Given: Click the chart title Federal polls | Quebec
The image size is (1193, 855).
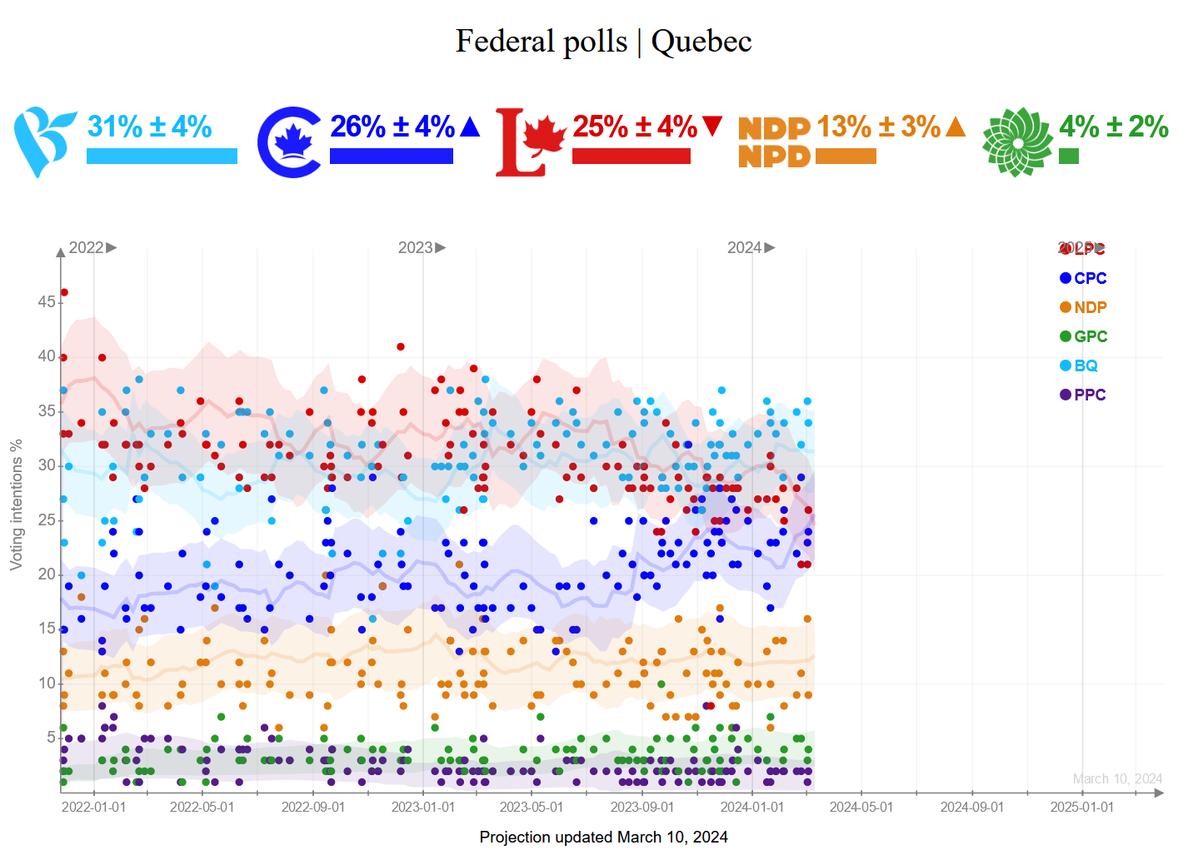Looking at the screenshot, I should [x=603, y=42].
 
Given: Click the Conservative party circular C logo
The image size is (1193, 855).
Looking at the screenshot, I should [x=290, y=142].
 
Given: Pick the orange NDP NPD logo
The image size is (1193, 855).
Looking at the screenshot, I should [x=774, y=142].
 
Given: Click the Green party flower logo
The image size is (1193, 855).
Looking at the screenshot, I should [x=1016, y=142].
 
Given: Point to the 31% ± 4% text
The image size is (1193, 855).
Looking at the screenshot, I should [x=150, y=127].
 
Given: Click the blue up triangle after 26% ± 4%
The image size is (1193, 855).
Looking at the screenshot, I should [x=470, y=127].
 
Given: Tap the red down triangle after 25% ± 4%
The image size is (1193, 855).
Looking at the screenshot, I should [x=712, y=127].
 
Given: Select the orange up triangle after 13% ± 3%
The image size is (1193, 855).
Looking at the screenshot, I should [x=956, y=127].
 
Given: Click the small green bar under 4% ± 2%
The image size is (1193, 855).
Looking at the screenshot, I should [x=1069, y=157].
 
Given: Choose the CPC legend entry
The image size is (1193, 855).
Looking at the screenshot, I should [x=1083, y=278].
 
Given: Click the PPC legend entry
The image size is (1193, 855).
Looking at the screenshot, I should [x=1083, y=395].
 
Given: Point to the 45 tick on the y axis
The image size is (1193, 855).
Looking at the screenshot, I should [x=46, y=301].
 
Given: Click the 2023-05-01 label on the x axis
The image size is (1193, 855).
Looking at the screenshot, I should [x=532, y=808].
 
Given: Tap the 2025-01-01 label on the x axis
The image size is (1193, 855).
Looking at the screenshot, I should [x=1081, y=808].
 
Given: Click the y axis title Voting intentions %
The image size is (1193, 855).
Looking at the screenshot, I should [x=16, y=505].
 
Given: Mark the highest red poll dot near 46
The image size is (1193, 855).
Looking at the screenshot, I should [x=64, y=292].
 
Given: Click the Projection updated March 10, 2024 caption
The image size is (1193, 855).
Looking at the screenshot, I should [x=603, y=838].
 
